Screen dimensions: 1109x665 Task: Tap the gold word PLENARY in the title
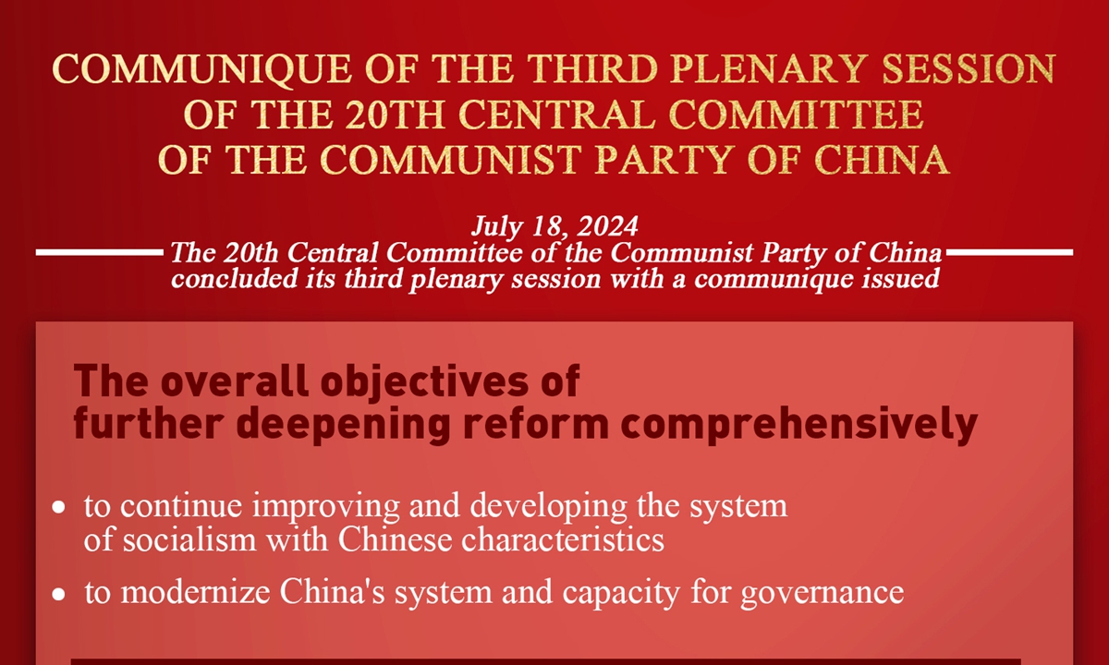770,68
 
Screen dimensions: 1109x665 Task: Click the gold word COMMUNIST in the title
450,160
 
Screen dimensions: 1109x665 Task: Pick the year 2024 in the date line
607,226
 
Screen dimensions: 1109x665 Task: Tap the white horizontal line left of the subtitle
100,252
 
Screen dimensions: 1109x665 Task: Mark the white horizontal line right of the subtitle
1009,252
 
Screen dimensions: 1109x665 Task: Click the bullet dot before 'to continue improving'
58,508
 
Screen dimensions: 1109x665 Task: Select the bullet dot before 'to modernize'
58,594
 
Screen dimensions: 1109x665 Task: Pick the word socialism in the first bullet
189,539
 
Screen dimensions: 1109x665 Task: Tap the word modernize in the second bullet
196,592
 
